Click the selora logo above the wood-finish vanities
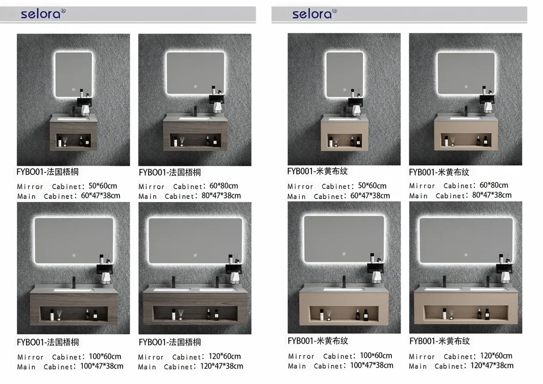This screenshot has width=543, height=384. (43, 13)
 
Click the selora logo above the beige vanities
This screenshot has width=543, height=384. (315, 13)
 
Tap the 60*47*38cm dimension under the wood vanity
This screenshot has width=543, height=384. (101, 195)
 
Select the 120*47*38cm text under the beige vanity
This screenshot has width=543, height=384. (492, 365)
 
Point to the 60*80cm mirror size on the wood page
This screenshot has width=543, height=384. (224, 186)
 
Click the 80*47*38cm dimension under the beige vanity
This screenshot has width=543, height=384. (492, 195)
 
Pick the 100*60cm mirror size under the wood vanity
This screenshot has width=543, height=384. (105, 356)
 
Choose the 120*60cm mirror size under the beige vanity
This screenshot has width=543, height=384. (496, 356)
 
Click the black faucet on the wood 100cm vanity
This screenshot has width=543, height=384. (73, 282)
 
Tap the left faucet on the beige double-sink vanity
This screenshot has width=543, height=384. (445, 281)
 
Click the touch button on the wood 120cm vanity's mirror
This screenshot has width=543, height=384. (195, 255)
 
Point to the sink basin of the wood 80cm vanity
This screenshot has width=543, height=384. (195, 118)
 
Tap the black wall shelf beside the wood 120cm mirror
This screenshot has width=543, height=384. (234, 268)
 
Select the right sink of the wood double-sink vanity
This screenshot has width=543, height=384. (217, 289)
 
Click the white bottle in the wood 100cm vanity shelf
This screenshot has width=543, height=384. (52, 315)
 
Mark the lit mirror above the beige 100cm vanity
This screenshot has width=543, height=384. (344, 239)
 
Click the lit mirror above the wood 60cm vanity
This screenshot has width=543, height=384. (74, 74)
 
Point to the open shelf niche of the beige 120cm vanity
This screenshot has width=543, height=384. (466, 313)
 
